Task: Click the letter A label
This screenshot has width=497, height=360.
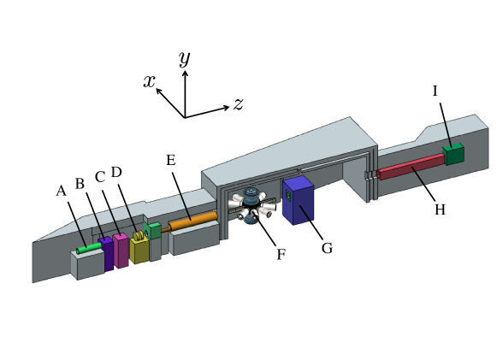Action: pyautogui.click(x=61, y=191)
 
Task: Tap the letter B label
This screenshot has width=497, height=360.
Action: pyautogui.click(x=80, y=183)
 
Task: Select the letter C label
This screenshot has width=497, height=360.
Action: pyautogui.click(x=100, y=177)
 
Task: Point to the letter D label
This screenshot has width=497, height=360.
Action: pyautogui.click(x=116, y=172)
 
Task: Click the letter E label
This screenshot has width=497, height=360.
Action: pyautogui.click(x=170, y=161)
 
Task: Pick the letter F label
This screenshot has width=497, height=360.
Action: pyautogui.click(x=281, y=255)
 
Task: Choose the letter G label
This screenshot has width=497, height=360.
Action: pyautogui.click(x=327, y=248)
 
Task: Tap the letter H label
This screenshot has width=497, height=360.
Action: pyautogui.click(x=440, y=209)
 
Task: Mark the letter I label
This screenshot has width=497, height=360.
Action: pyautogui.click(x=435, y=91)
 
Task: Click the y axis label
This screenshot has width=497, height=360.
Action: pyautogui.click(x=184, y=58)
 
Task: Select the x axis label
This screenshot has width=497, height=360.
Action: pyautogui.click(x=149, y=81)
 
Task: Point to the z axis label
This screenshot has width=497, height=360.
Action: pyautogui.click(x=239, y=103)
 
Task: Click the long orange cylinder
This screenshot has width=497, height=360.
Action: pyautogui.click(x=192, y=221)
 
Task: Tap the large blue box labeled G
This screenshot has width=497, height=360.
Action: pyautogui.click(x=299, y=201)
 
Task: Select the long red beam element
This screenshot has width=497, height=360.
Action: pyautogui.click(x=411, y=167)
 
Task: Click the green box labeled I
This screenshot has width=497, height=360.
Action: pyautogui.click(x=453, y=154)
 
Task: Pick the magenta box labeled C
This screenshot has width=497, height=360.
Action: pyautogui.click(x=121, y=250)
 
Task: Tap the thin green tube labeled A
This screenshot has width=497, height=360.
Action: pyautogui.click(x=87, y=248)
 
